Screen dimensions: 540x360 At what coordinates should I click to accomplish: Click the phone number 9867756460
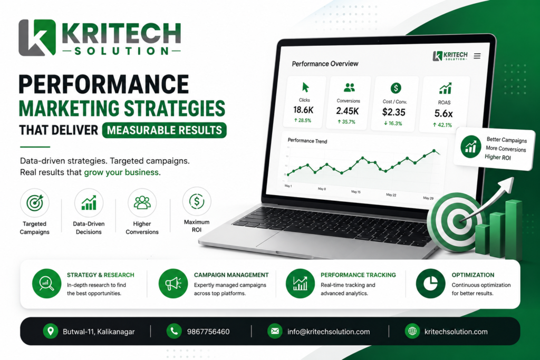pyautogui.click(x=208, y=332)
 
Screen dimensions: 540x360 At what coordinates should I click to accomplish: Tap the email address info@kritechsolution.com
pyautogui.click(x=329, y=332)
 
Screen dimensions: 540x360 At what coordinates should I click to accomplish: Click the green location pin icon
pyautogui.click(x=51, y=331)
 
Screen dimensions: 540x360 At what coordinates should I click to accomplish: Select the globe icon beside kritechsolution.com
pyautogui.click(x=412, y=331)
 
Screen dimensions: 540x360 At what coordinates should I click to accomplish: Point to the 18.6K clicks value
pyautogui.click(x=303, y=110)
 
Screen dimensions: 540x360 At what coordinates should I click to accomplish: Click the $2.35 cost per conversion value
pyautogui.click(x=393, y=112)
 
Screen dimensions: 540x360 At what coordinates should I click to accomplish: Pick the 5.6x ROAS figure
pyautogui.click(x=443, y=113)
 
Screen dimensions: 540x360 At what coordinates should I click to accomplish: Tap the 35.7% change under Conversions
pyautogui.click(x=346, y=121)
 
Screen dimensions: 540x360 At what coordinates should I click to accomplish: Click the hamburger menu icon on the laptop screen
pyautogui.click(x=477, y=56)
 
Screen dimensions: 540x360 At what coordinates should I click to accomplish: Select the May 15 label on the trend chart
pyautogui.click(x=356, y=192)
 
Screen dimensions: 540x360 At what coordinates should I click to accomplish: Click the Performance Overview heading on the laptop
pyautogui.click(x=325, y=64)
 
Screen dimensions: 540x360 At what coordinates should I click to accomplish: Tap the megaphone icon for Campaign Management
pyautogui.click(x=173, y=284)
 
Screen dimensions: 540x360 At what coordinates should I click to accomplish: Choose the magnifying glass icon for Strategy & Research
pyautogui.click(x=46, y=284)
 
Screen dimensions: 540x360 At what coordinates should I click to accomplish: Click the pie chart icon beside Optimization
pyautogui.click(x=430, y=284)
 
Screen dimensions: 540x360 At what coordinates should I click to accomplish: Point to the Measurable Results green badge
pyautogui.click(x=165, y=130)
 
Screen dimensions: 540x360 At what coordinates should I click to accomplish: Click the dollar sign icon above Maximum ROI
pyautogui.click(x=197, y=201)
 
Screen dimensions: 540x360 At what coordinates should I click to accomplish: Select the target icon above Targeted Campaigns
pyautogui.click(x=34, y=203)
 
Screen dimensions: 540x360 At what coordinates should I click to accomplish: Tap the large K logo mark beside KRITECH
pyautogui.click(x=37, y=37)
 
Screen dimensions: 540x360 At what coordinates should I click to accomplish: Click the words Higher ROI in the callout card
pyautogui.click(x=498, y=157)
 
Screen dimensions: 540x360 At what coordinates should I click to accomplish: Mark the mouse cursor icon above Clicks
pyautogui.click(x=305, y=87)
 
